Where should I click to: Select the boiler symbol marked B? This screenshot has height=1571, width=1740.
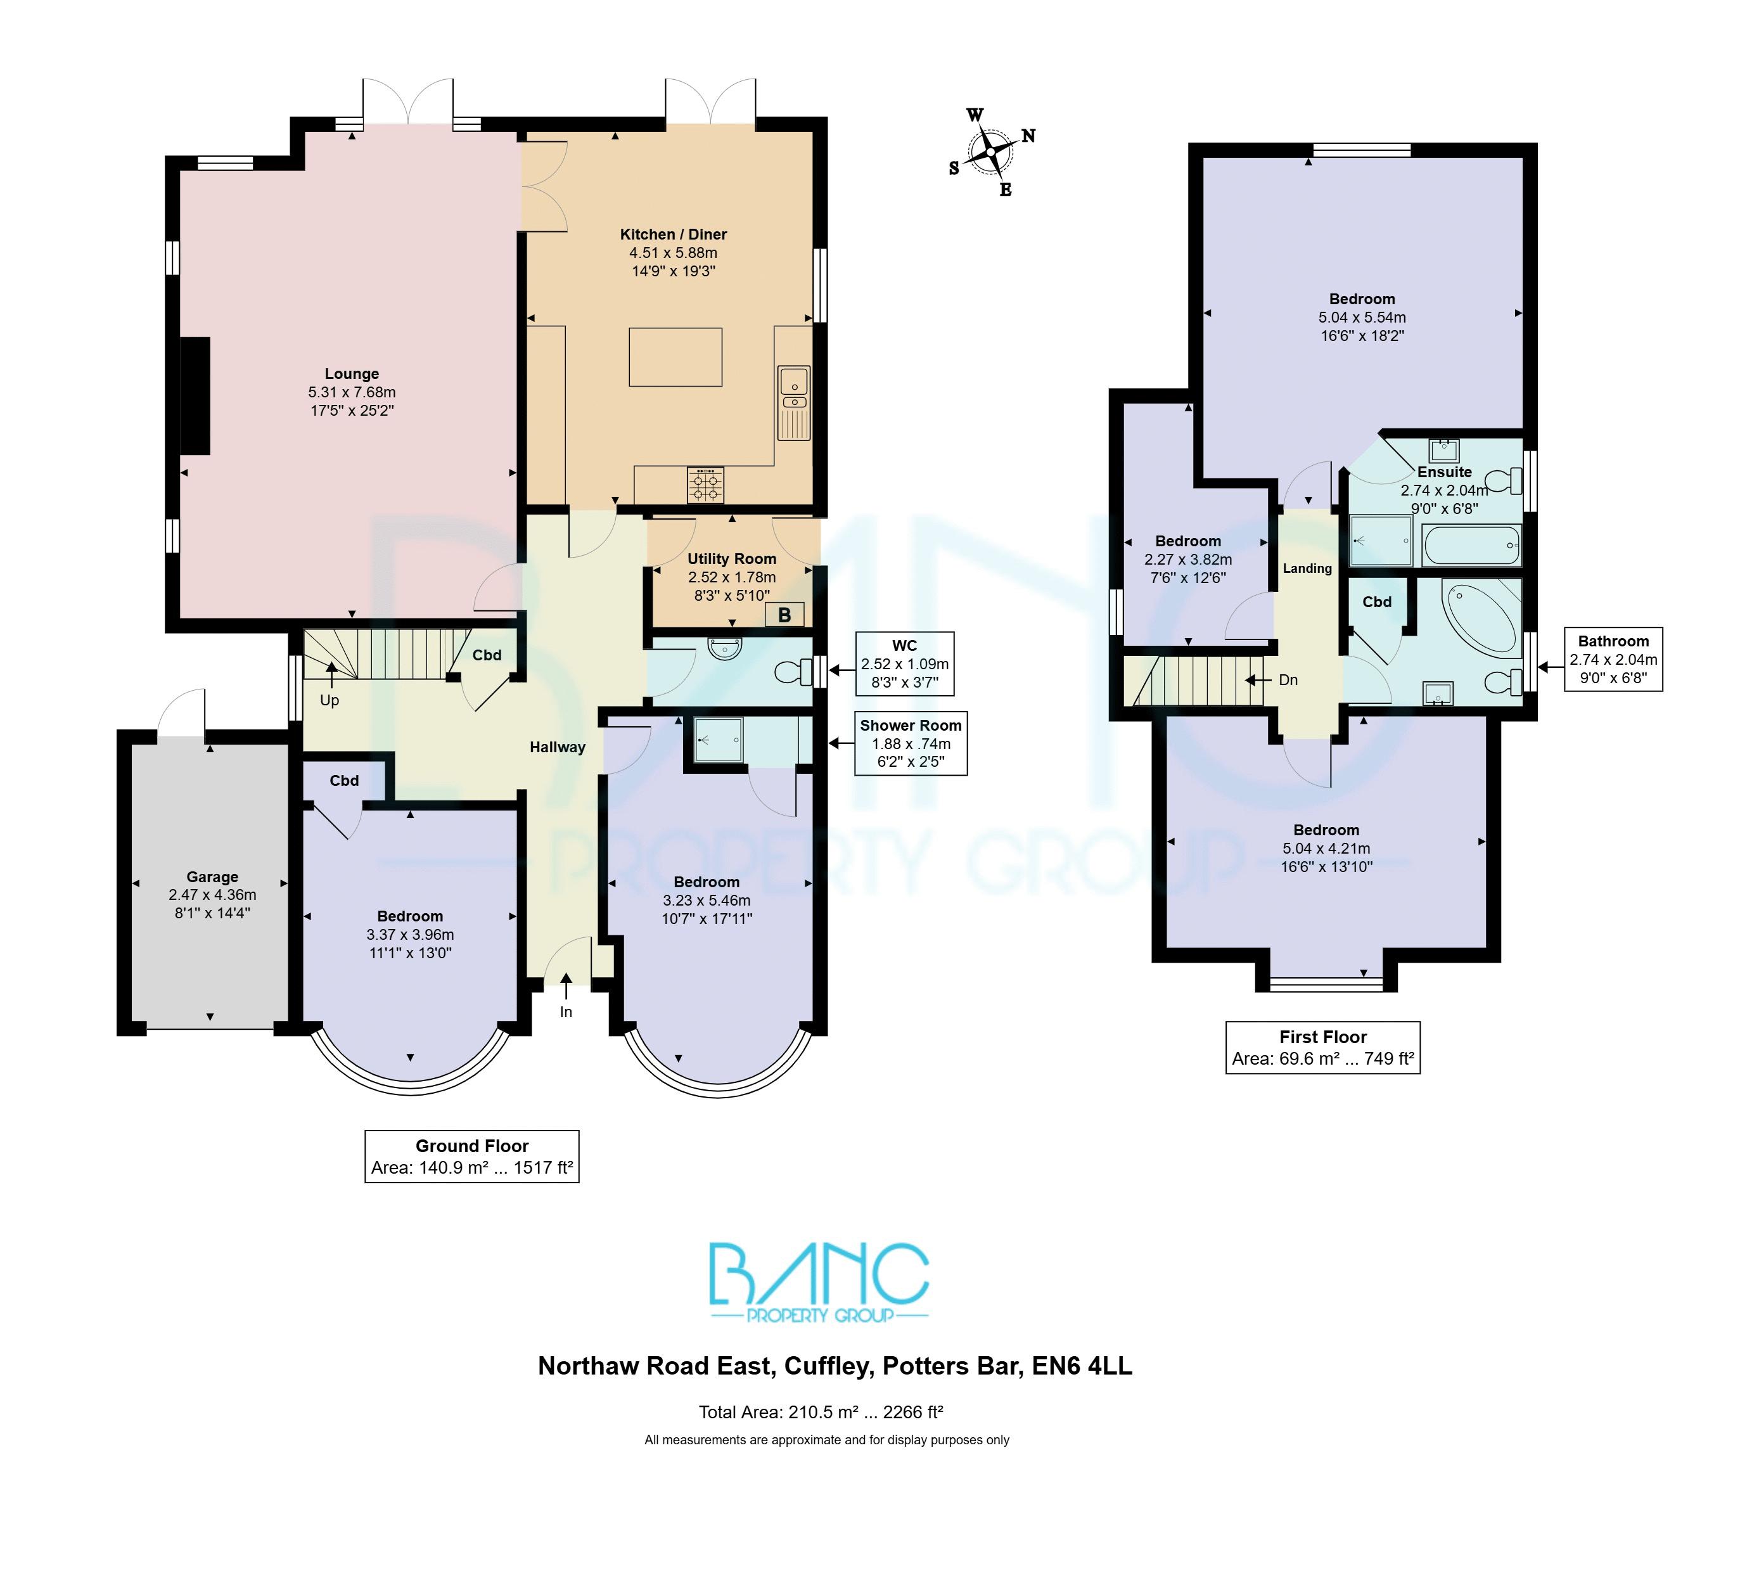tap(784, 615)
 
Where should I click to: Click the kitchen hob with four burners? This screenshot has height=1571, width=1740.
tap(706, 484)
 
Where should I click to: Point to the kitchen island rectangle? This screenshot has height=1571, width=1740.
tap(675, 357)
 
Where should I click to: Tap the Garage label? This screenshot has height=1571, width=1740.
tap(212, 877)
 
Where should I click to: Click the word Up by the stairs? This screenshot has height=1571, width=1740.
tap(329, 700)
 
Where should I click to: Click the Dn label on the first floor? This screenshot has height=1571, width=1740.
tap(1288, 680)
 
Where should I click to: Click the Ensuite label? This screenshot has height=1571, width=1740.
tap(1444, 472)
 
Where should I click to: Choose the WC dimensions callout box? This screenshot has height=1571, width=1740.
tap(904, 664)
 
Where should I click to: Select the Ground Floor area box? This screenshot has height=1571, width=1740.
tap(472, 1157)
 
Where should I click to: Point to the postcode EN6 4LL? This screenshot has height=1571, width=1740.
tap(1082, 1366)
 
